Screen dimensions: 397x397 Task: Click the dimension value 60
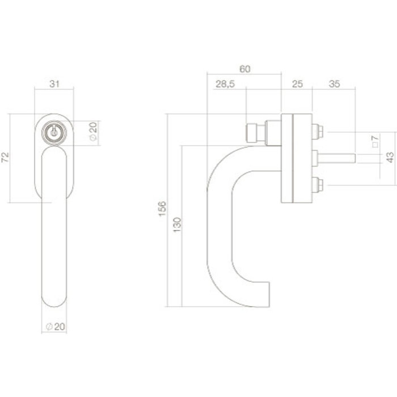click(x=244, y=69)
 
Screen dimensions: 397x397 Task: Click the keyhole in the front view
click(x=54, y=132)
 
